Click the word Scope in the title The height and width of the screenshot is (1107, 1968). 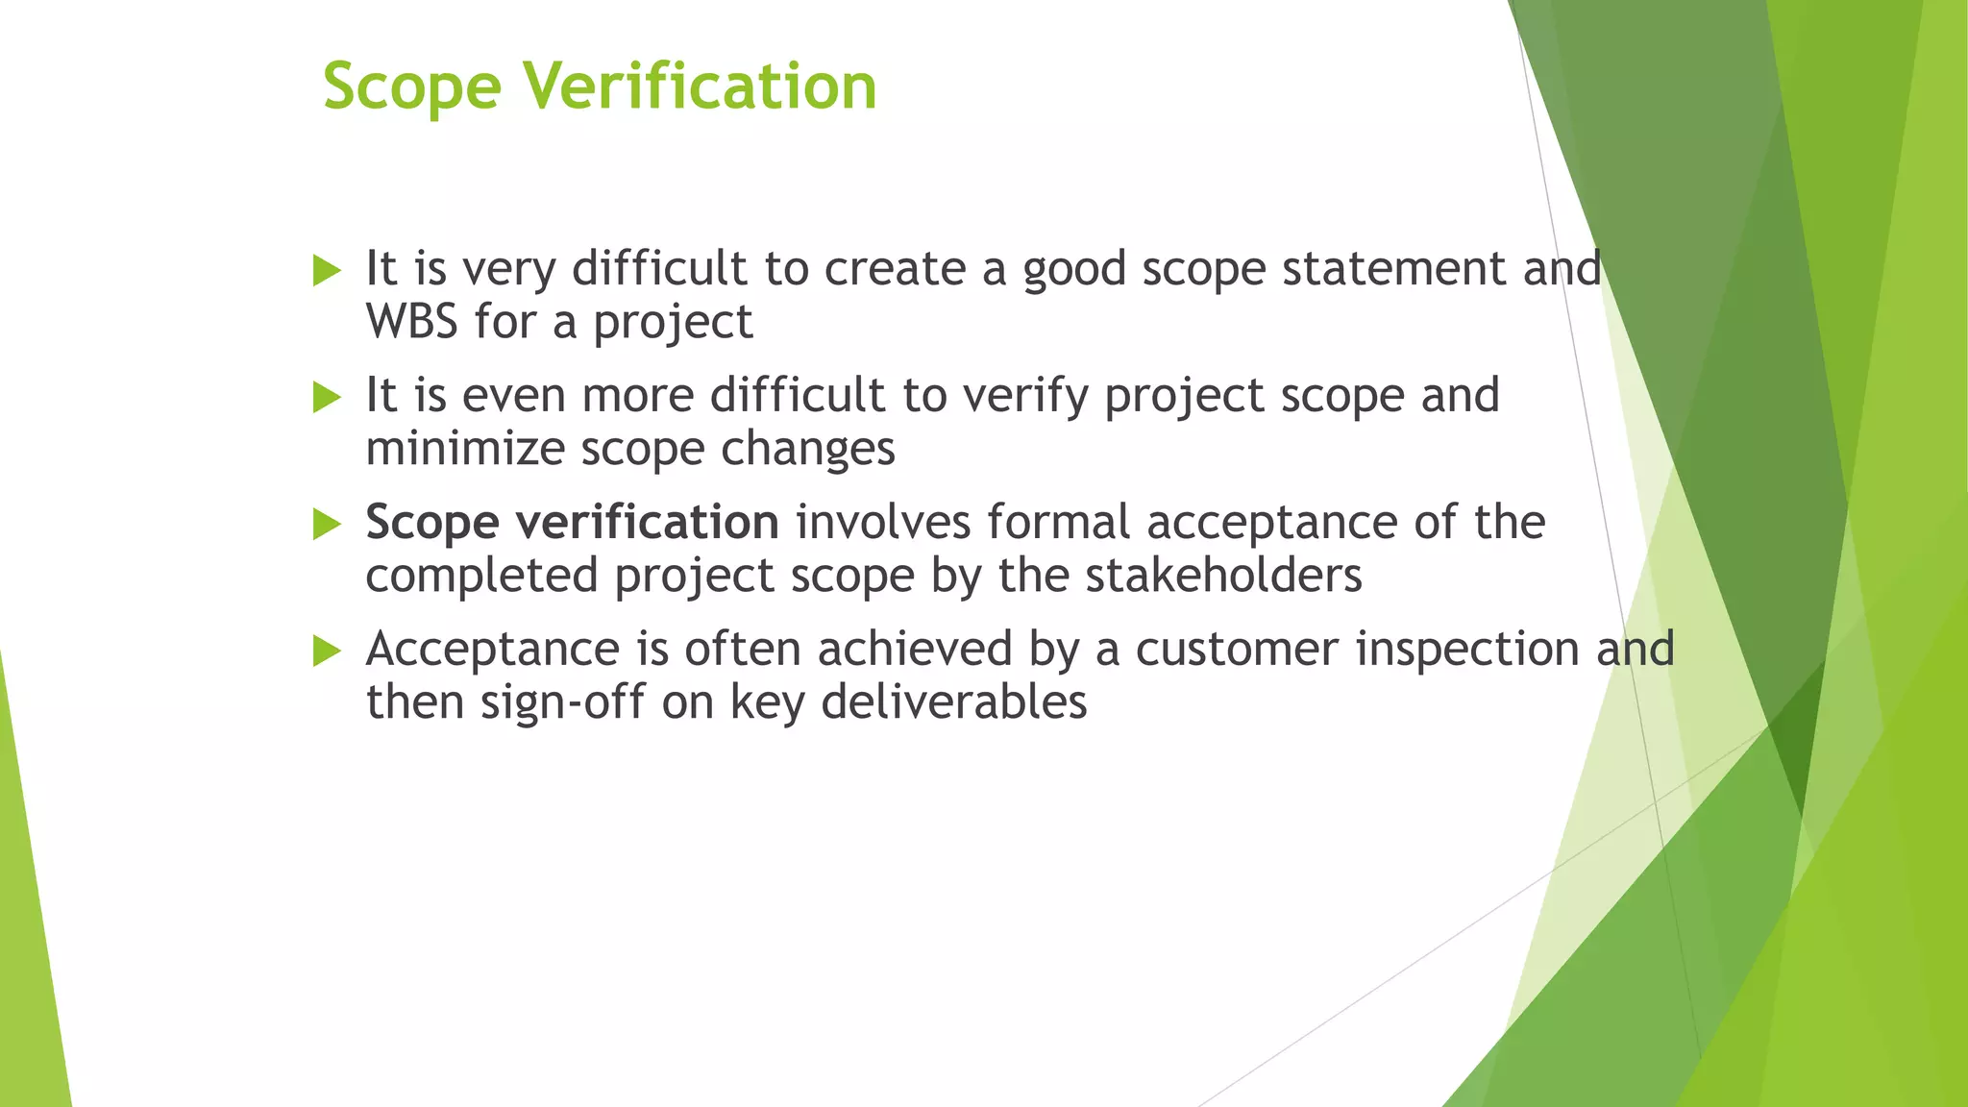pos(411,87)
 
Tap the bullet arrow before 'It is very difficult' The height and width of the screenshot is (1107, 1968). pos(327,271)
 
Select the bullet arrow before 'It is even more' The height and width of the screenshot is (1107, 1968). pos(327,398)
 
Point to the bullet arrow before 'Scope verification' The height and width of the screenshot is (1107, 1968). pos(327,525)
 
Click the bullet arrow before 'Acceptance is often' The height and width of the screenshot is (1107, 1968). pos(327,652)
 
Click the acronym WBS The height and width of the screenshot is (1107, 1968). pos(411,321)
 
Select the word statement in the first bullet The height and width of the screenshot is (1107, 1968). pos(1394,268)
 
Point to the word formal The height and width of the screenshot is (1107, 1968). pos(1058,522)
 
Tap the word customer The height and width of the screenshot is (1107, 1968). pos(1237,649)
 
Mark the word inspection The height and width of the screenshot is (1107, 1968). pos(1467,649)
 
